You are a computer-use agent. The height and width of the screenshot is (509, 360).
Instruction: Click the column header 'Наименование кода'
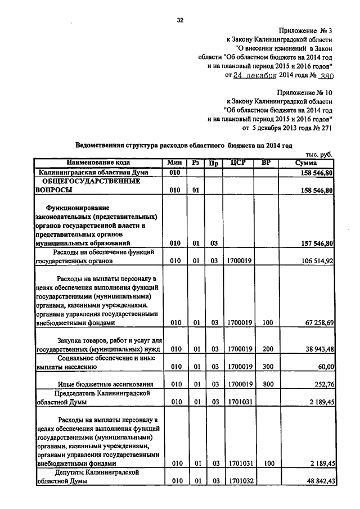pyautogui.click(x=99, y=163)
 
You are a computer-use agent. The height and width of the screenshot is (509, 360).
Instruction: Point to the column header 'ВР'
pyautogui.click(x=267, y=163)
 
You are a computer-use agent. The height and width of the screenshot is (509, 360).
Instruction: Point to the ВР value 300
pyautogui.click(x=267, y=366)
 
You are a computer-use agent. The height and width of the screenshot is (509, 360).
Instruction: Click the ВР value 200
pyautogui.click(x=267, y=349)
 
